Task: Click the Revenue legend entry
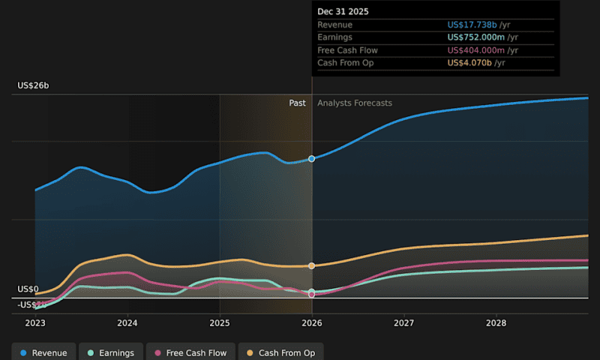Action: [43, 352]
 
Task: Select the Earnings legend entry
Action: [111, 352]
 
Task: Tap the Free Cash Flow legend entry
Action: [190, 352]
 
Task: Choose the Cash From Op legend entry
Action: [281, 352]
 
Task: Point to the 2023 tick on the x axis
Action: [35, 323]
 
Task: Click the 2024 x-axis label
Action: [127, 323]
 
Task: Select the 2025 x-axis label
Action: [220, 323]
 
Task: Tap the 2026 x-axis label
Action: [312, 323]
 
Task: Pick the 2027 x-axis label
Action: [404, 323]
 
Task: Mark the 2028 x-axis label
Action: [496, 323]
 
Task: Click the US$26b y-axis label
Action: [33, 86]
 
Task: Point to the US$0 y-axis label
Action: [28, 289]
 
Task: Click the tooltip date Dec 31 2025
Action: [343, 11]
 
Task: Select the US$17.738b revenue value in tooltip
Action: [472, 25]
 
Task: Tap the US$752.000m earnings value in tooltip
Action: [476, 37]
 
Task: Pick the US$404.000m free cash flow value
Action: [476, 50]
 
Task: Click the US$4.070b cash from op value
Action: [469, 63]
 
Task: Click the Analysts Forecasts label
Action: [355, 103]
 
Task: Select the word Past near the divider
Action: [298, 103]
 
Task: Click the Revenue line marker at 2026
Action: [312, 159]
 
